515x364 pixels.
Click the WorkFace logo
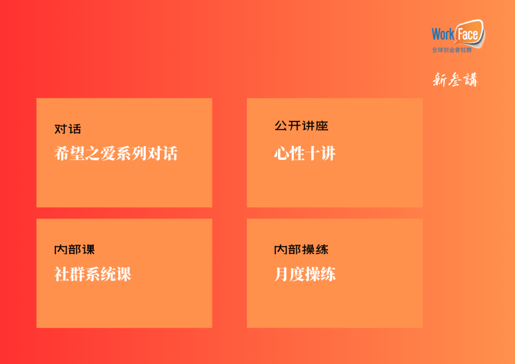tap(458, 36)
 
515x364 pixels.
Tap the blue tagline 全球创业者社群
tap(452, 50)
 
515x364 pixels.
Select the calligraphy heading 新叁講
tap(455, 80)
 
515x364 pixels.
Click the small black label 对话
tap(68, 129)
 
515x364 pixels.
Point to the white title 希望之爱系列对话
tap(116, 154)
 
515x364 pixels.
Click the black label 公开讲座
tap(301, 125)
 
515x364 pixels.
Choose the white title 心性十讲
tap(305, 154)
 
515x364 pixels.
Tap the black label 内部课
tap(74, 250)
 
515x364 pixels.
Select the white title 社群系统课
tap(93, 274)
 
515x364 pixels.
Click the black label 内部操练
tap(301, 250)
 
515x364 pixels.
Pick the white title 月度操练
tap(305, 274)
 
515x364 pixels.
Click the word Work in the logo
tap(443, 34)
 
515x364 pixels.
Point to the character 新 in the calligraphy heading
tap(440, 80)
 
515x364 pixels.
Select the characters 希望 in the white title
tap(70, 154)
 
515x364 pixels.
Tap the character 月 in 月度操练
tap(282, 274)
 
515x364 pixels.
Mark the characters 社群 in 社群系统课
tap(70, 274)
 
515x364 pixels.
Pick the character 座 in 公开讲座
tap(322, 125)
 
